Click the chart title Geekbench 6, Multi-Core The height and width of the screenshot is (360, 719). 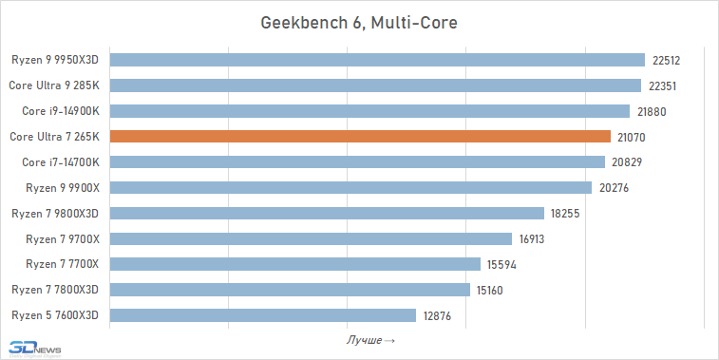coord(359,22)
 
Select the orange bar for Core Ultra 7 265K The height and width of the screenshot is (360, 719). coord(360,137)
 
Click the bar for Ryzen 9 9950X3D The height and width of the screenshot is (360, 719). coord(377,60)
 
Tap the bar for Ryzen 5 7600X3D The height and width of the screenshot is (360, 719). coord(263,314)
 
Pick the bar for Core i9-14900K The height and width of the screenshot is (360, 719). coord(369,111)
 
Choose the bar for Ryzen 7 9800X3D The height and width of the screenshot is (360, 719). coord(327,213)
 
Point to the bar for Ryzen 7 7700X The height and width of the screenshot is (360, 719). coord(295,264)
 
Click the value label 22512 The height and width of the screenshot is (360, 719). coord(667,60)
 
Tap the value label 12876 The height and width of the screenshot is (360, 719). coord(437,314)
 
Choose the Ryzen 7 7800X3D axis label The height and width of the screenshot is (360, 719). coord(56,289)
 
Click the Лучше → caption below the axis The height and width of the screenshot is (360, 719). coord(369,339)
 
